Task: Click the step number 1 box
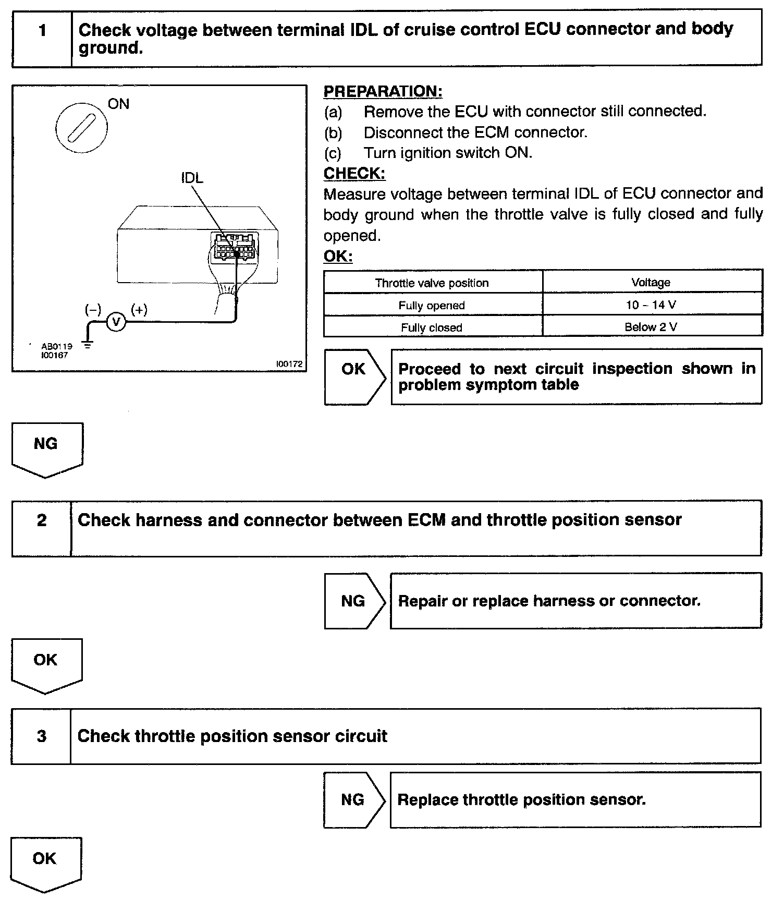click(x=42, y=38)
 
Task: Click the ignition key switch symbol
click(x=81, y=127)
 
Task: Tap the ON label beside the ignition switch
click(x=118, y=104)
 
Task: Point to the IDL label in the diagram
click(x=192, y=178)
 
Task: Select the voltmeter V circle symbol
click(x=116, y=323)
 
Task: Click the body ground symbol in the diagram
click(x=88, y=345)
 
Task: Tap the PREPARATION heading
click(x=383, y=91)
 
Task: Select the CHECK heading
click(x=354, y=174)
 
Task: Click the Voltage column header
click(x=651, y=283)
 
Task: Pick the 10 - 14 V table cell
click(x=651, y=305)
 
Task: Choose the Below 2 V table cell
click(x=651, y=327)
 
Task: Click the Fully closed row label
click(x=432, y=327)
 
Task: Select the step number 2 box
click(x=42, y=528)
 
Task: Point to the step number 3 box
click(x=42, y=736)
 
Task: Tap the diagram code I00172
click(x=289, y=364)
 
